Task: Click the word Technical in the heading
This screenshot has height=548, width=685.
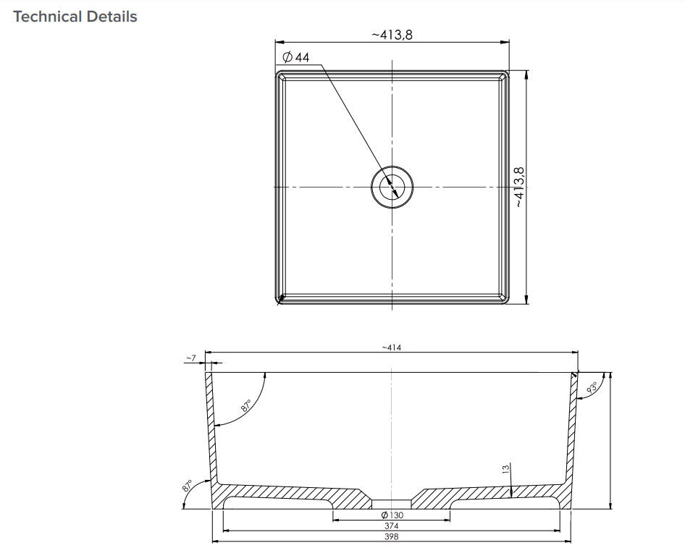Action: pyautogui.click(x=46, y=17)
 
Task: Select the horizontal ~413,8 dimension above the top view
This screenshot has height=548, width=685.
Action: pyautogui.click(x=392, y=35)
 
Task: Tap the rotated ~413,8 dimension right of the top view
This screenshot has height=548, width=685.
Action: pyautogui.click(x=518, y=187)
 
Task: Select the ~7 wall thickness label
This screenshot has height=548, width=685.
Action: pyautogui.click(x=190, y=358)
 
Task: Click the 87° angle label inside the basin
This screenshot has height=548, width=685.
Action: pyautogui.click(x=245, y=407)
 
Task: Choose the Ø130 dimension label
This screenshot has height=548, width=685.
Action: pyautogui.click(x=392, y=515)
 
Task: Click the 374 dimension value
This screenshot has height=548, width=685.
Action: pyautogui.click(x=392, y=526)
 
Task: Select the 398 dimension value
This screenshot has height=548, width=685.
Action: pyautogui.click(x=392, y=536)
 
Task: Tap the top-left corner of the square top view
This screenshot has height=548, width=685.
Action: pyautogui.click(x=277, y=73)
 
